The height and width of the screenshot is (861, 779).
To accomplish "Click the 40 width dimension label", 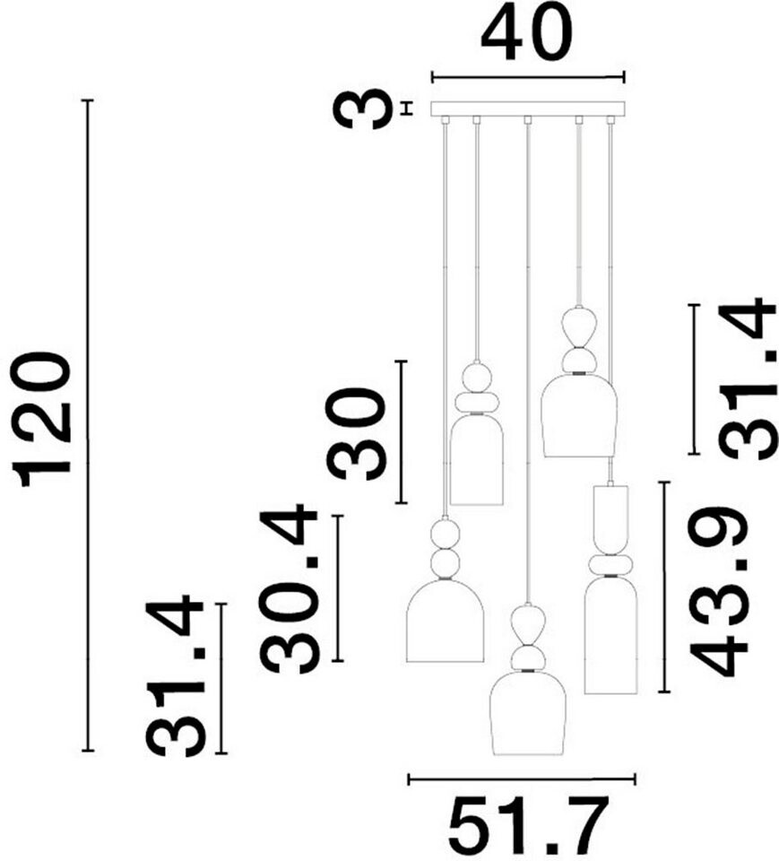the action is pyautogui.click(x=527, y=32).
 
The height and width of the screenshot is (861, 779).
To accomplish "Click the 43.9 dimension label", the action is pyautogui.click(x=719, y=591).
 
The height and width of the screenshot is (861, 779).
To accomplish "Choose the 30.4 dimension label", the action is pyautogui.click(x=289, y=591).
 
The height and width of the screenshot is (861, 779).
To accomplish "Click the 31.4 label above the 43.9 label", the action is pyautogui.click(x=748, y=378).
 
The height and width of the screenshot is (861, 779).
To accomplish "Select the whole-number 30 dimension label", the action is pyautogui.click(x=355, y=433).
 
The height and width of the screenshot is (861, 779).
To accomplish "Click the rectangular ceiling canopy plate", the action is pyautogui.click(x=528, y=109).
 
